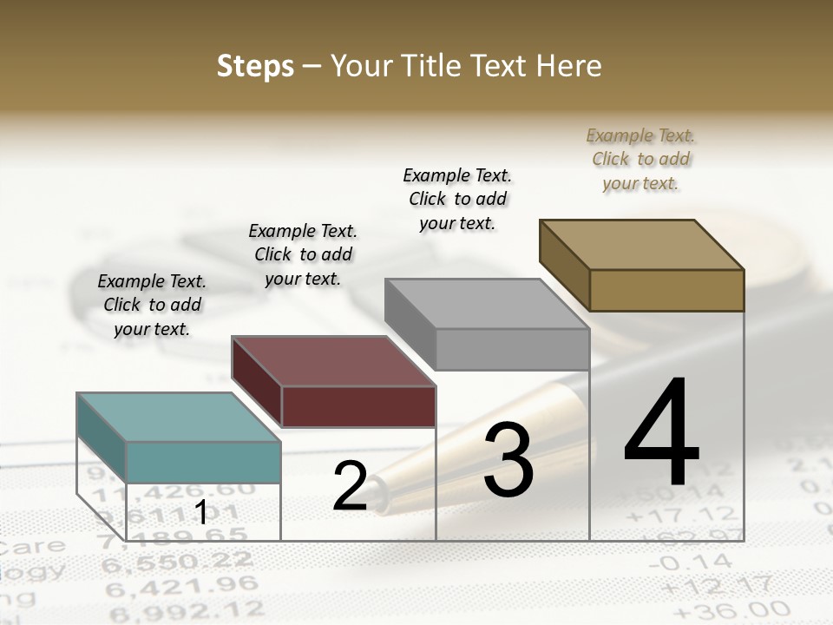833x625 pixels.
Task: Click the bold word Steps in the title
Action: tap(254, 66)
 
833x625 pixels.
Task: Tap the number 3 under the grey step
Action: tap(508, 460)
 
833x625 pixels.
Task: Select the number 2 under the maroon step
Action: tap(350, 486)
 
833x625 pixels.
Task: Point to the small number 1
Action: tap(200, 512)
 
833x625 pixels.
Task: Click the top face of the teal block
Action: tap(178, 417)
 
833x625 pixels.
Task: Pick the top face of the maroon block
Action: tap(332, 360)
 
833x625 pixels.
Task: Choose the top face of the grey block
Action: tap(487, 304)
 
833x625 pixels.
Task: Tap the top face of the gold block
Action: tap(641, 245)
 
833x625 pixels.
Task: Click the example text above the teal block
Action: tap(152, 305)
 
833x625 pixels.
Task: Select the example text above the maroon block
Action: tap(303, 254)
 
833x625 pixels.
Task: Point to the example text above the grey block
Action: tap(457, 199)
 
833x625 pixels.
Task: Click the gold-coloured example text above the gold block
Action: tap(641, 159)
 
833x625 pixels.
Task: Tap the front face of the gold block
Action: tap(666, 290)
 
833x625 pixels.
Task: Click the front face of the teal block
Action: tap(203, 462)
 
